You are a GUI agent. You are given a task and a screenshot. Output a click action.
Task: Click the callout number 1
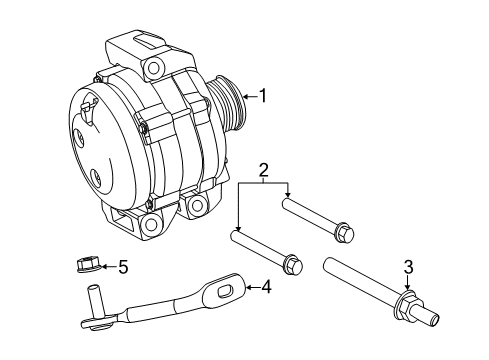click(x=264, y=96)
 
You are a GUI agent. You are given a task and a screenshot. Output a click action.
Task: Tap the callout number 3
click(x=408, y=267)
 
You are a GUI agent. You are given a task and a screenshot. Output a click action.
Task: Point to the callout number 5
click(x=123, y=267)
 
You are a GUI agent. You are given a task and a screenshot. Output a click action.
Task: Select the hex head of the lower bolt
click(x=292, y=266)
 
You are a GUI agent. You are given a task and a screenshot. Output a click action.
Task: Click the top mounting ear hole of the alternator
click(x=153, y=68)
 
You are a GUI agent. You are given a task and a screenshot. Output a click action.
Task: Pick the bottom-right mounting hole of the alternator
click(x=196, y=205)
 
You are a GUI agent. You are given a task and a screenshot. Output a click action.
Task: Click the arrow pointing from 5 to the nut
click(x=106, y=267)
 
